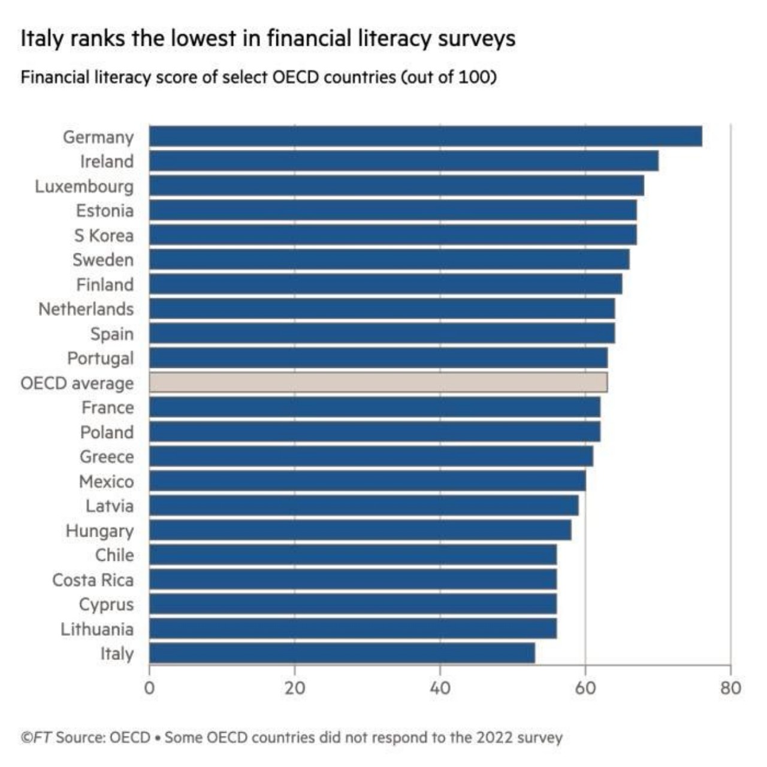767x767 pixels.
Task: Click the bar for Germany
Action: [425, 137]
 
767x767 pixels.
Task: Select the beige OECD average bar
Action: [378, 382]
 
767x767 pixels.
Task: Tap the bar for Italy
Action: [342, 653]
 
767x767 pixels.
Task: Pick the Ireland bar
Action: [404, 161]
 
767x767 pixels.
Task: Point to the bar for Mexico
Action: [367, 481]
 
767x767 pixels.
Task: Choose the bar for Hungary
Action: [360, 530]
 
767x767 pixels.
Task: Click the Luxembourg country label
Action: [84, 186]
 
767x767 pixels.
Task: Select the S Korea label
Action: [104, 235]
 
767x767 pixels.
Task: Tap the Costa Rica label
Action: [93, 580]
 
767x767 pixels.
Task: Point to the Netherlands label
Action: [86, 309]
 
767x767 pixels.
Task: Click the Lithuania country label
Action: [97, 629]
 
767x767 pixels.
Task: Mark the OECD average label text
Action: [77, 383]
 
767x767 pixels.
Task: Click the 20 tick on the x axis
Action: [294, 688]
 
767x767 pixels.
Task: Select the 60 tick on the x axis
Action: [585, 688]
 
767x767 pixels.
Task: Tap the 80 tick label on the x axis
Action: [730, 688]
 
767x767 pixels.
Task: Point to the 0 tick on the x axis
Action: [149, 688]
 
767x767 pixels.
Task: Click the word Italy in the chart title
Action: [41, 38]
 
